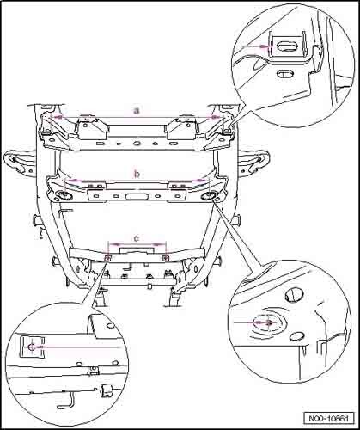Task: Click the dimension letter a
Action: click(137, 110)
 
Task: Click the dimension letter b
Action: click(137, 174)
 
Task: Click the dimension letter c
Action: click(137, 238)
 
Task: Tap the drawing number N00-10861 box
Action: click(328, 418)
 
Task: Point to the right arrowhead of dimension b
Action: click(201, 181)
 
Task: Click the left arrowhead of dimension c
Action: click(115, 244)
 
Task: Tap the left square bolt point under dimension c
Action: click(108, 258)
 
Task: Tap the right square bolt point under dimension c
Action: click(166, 258)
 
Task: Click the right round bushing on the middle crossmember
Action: click(209, 196)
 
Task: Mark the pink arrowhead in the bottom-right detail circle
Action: click(267, 322)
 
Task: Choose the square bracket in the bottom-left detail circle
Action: click(32, 347)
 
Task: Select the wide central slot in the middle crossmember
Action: click(136, 196)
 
